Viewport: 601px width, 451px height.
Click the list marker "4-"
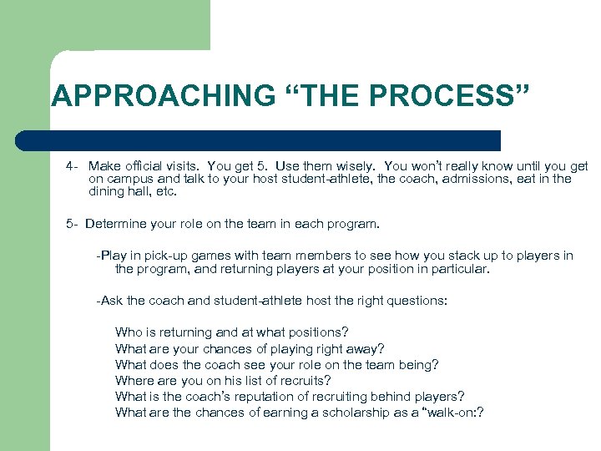pyautogui.click(x=73, y=165)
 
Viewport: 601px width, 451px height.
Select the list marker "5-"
pyautogui.click(x=73, y=224)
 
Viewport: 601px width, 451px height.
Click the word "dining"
pyautogui.click(x=106, y=191)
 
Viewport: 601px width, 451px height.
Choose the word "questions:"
pyautogui.click(x=417, y=300)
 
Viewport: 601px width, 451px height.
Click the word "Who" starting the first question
pyautogui.click(x=129, y=332)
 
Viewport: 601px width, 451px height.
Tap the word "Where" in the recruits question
pyautogui.click(x=133, y=380)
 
